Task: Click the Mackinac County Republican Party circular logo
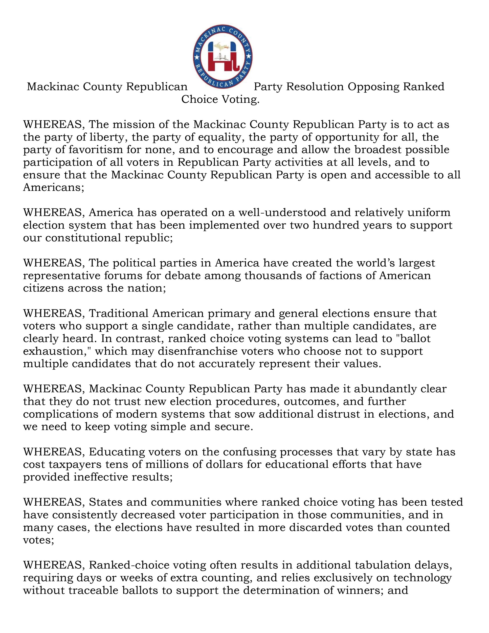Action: [x=222, y=57]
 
